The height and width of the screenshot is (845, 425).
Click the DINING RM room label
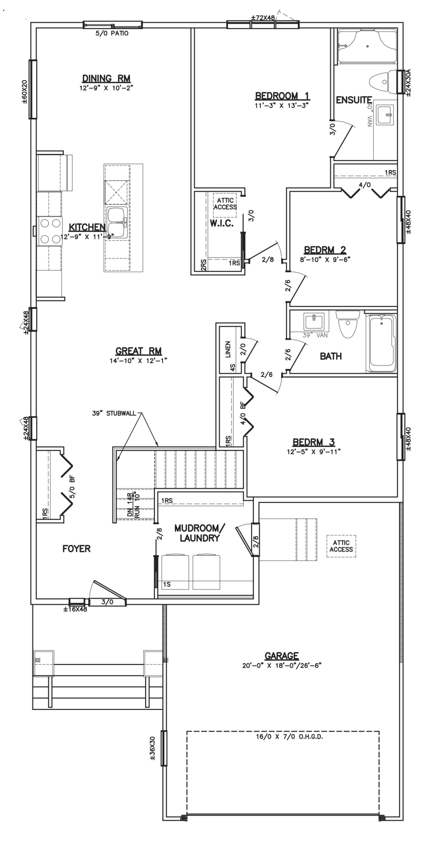[x=106, y=79]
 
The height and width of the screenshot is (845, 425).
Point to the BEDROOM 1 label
[x=282, y=96]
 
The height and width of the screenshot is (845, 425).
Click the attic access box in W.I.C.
[x=225, y=204]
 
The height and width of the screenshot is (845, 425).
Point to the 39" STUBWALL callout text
[x=114, y=413]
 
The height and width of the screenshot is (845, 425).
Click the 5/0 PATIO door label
[x=112, y=34]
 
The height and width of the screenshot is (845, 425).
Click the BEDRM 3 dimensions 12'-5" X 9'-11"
[x=314, y=452]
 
